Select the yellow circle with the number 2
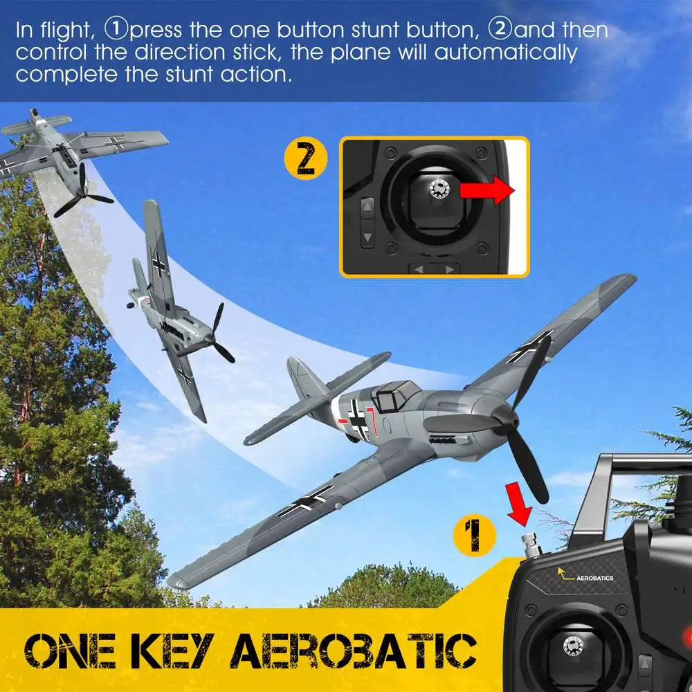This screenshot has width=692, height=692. [x=306, y=158]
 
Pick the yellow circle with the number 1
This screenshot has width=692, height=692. [x=475, y=535]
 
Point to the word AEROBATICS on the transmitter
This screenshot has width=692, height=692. [x=594, y=578]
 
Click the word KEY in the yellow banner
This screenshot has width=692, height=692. [x=174, y=650]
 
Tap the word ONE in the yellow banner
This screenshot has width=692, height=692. [x=71, y=650]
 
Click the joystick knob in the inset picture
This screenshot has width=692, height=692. [x=439, y=190]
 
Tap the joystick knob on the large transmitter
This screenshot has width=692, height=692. [x=573, y=646]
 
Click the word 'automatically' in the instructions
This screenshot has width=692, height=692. [x=506, y=53]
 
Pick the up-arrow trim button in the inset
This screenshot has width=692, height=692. [x=367, y=206]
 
